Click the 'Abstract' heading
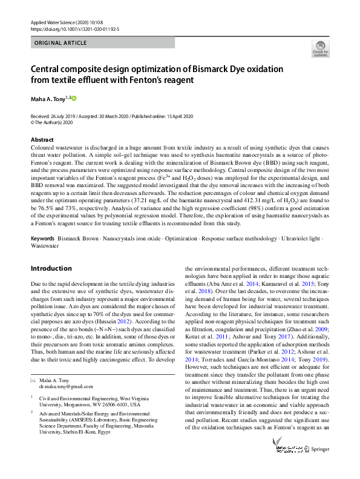click(42, 139)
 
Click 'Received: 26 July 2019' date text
click(58, 116)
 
